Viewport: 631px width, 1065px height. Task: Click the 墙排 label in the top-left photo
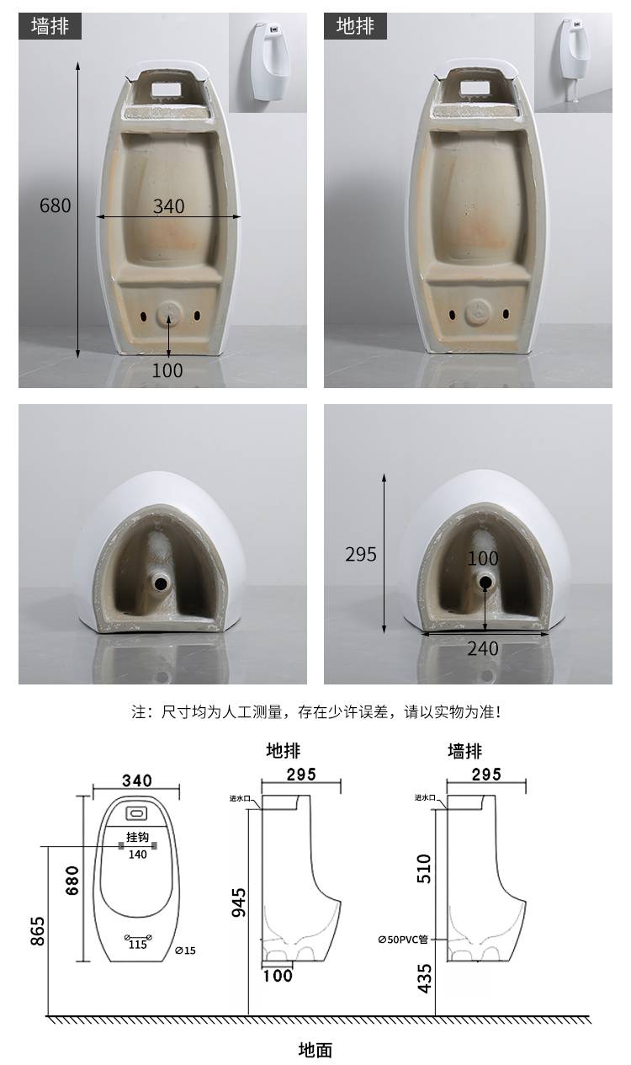(50, 25)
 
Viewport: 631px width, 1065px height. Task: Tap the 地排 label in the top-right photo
(355, 25)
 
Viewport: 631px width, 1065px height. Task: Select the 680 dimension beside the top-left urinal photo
(56, 205)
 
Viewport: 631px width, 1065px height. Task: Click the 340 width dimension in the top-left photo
(168, 206)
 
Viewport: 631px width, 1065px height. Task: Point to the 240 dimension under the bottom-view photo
(483, 648)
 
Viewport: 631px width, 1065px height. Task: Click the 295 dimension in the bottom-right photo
(361, 554)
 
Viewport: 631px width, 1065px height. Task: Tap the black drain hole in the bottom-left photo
(161, 583)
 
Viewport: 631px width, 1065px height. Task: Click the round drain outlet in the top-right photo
(478, 312)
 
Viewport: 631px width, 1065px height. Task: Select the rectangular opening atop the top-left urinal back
(167, 88)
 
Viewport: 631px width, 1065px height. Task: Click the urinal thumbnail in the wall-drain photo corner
(268, 61)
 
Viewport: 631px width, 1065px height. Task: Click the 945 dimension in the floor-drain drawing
(239, 902)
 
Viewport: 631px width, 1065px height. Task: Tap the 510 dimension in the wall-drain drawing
(424, 869)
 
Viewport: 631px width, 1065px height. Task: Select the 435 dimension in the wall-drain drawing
(424, 978)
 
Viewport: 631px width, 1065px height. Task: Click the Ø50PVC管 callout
(403, 940)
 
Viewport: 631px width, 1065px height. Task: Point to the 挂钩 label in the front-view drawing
(137, 837)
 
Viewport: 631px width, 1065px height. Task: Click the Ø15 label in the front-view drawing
(185, 951)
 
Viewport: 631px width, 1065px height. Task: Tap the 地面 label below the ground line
(315, 1049)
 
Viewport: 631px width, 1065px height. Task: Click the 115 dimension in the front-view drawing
(138, 945)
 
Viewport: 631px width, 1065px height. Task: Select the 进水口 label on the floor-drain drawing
(240, 798)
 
